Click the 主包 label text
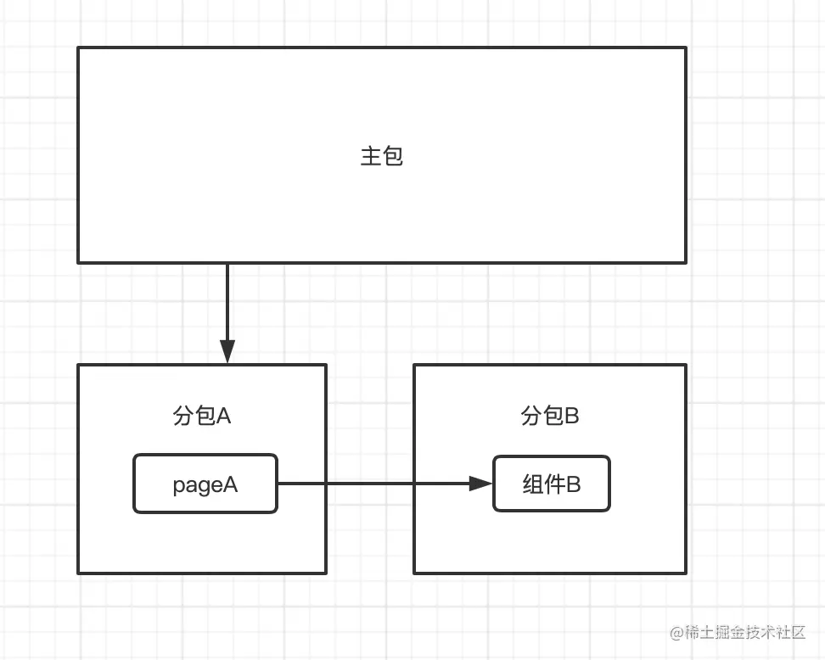(381, 156)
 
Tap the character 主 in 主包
(371, 156)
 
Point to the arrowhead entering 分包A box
(227, 351)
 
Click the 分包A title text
(202, 416)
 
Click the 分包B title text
(549, 416)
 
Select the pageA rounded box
(205, 484)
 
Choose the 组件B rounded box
(552, 484)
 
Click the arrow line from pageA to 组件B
(373, 484)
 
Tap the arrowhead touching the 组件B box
(481, 484)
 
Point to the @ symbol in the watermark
(676, 633)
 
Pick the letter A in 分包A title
(224, 416)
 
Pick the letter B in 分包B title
(571, 416)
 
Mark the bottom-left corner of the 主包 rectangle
(78, 262)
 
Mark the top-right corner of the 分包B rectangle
(685, 366)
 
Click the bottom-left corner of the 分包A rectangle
(78, 573)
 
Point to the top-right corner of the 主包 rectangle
(685, 48)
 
